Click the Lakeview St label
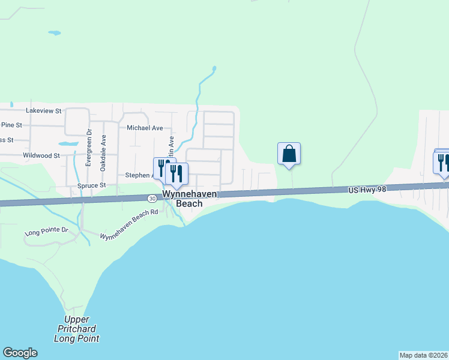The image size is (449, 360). click(44, 111)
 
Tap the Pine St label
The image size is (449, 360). click(11, 125)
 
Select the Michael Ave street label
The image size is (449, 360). click(145, 128)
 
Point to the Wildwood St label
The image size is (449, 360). click(41, 155)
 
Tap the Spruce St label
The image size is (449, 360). click(91, 186)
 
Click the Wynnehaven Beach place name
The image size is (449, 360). click(189, 199)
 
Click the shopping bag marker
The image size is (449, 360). click(289, 154)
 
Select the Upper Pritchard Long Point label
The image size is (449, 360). click(76, 329)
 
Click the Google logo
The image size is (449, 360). click(20, 353)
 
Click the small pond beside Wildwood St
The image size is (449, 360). click(68, 144)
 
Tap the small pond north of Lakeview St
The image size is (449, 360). click(55, 32)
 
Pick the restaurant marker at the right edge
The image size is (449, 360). click(442, 162)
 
